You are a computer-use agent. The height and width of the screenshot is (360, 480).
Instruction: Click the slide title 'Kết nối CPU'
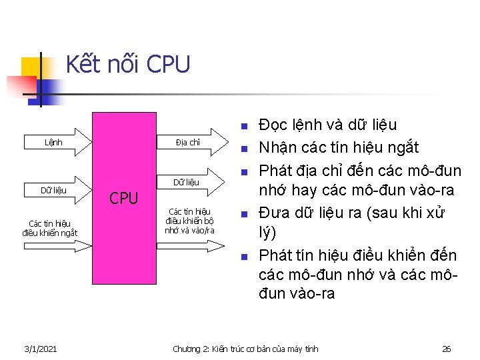[128, 65]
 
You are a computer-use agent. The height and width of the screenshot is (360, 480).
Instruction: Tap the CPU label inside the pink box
[123, 198]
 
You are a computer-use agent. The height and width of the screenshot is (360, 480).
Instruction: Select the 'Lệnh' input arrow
[53, 142]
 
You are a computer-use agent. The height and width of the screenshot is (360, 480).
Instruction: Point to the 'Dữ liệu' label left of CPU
[53, 191]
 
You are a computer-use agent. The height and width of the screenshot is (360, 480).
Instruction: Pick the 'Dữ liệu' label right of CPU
[186, 182]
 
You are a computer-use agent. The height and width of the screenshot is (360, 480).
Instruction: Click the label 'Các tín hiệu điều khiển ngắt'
[49, 227]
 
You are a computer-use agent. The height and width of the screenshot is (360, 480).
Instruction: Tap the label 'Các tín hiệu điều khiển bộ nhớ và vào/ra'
[189, 221]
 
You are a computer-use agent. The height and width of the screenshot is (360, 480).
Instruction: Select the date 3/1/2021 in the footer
[40, 349]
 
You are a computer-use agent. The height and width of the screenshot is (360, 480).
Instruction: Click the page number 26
[447, 349]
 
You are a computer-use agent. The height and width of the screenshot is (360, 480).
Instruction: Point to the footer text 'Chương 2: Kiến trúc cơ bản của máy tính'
[245, 349]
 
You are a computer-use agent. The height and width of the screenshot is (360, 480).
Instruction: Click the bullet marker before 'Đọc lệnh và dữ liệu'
[244, 126]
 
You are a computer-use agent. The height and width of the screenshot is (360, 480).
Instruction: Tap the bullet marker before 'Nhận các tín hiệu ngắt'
[244, 148]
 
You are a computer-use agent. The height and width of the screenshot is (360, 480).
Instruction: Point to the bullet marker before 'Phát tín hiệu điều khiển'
[244, 257]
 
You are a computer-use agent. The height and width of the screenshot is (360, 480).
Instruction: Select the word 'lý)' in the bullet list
[266, 234]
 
